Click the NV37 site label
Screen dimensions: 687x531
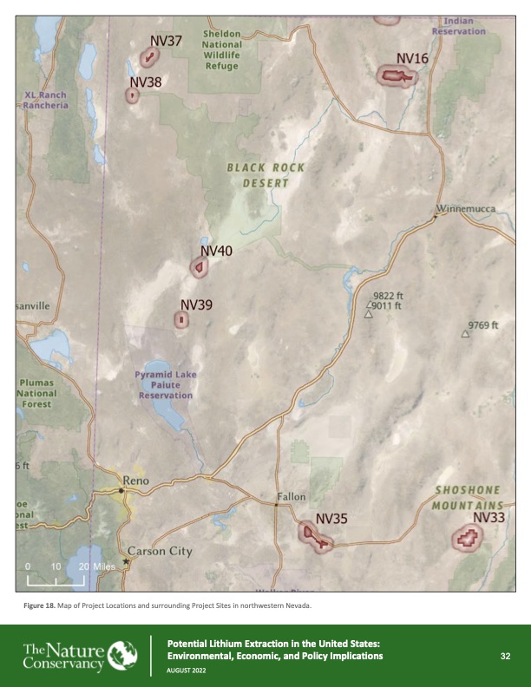coord(165,41)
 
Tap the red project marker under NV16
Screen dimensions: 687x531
coord(396,77)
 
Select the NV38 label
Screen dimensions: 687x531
coord(145,82)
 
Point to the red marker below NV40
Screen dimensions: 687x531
coord(200,268)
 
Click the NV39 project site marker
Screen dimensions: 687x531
coord(180,320)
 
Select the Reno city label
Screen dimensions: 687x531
coord(136,480)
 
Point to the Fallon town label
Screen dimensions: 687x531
coord(292,497)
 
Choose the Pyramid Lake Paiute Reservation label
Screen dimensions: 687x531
coord(166,384)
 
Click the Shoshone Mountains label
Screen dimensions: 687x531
coord(469,497)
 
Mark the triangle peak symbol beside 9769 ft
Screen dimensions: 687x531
coord(466,333)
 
